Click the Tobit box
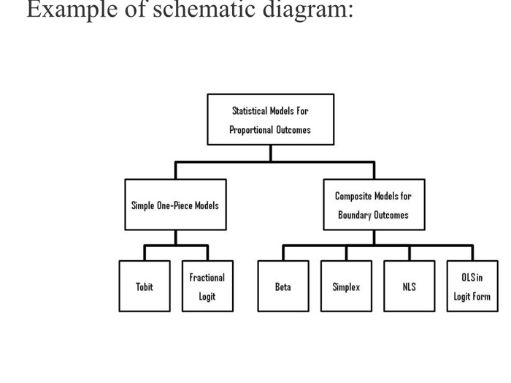pos(145,287)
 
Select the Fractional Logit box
pos(207,287)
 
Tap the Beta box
pos(283,287)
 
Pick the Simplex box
pos(346,287)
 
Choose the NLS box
pos(409,287)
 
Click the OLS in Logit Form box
pos(472,287)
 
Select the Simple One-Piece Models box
pos(175,205)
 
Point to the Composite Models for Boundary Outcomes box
pos(373,205)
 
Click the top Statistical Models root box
pos(270,120)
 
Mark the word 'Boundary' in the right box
pos(356,216)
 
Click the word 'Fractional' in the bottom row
pos(207,278)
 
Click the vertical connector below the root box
pos(271,153)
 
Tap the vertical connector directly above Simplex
pos(346,253)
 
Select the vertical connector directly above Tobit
pos(145,253)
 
